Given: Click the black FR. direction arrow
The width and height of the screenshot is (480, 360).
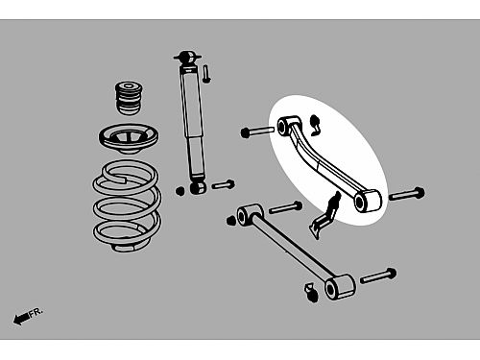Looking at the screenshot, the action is pyautogui.click(x=21, y=319).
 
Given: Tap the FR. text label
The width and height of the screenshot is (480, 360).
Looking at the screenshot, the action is pyautogui.click(x=36, y=312).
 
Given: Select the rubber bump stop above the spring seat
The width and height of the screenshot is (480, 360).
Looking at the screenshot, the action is pyautogui.click(x=129, y=98).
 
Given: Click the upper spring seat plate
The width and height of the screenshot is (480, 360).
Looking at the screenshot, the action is pyautogui.click(x=129, y=138).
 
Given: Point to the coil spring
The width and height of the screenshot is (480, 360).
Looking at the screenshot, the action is pyautogui.click(x=127, y=206).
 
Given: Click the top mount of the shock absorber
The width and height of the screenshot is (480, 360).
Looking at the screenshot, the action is pyautogui.click(x=187, y=59).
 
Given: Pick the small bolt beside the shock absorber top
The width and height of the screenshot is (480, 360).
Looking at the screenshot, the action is pyautogui.click(x=206, y=74).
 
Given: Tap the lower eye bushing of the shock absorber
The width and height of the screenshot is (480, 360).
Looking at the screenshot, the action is pyautogui.click(x=198, y=187).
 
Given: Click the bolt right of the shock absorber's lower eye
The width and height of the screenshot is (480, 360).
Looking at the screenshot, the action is pyautogui.click(x=223, y=184).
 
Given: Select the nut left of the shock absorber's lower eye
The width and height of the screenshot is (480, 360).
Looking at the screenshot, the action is pyautogui.click(x=180, y=191).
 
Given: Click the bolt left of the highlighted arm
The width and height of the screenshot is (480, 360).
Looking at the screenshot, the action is pyautogui.click(x=257, y=132).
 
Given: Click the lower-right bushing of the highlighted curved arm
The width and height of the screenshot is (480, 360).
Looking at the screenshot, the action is pyautogui.click(x=367, y=202).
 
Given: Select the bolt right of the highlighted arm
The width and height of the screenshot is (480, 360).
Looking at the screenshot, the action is pyautogui.click(x=407, y=194).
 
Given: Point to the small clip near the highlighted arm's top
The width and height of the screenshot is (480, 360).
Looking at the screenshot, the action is pyautogui.click(x=315, y=125).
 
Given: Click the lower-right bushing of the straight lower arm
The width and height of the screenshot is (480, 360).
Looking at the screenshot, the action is pyautogui.click(x=340, y=287).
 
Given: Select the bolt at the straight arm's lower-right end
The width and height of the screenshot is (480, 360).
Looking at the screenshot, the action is pyautogui.click(x=378, y=276).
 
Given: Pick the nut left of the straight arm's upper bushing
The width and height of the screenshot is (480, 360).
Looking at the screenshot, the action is pyautogui.click(x=229, y=221).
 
